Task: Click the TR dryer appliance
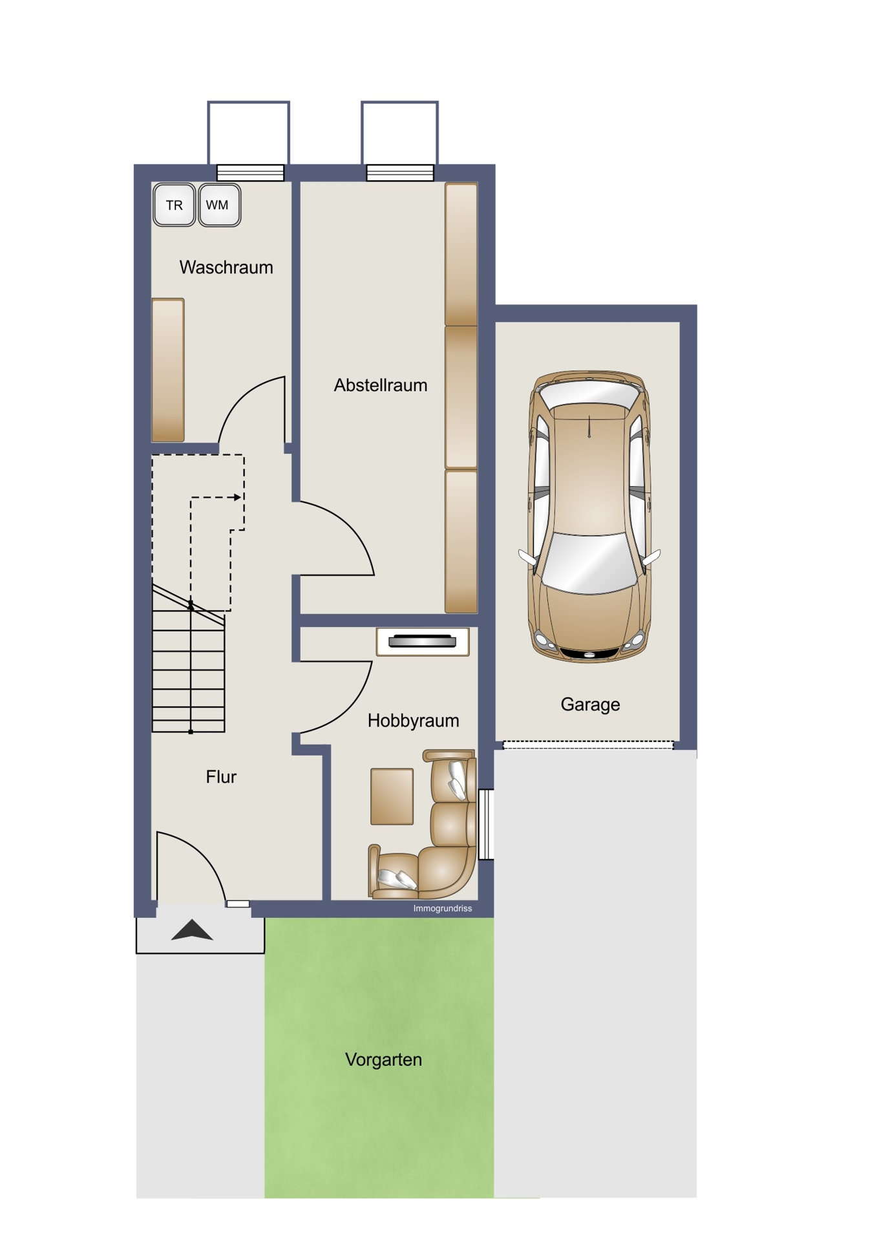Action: point(174,205)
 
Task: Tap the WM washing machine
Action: point(219,205)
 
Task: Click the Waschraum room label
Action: point(226,267)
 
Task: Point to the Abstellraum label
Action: point(381,385)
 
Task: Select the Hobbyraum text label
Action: point(414,721)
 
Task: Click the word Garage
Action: point(590,705)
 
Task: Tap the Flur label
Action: point(221,776)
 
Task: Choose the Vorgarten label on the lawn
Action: point(383,1059)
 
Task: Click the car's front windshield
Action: point(589,562)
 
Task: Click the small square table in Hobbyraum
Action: point(392,796)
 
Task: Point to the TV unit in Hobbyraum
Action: point(423,641)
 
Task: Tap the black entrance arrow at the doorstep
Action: point(192,930)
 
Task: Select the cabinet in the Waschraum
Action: point(168,370)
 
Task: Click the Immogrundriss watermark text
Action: point(443,909)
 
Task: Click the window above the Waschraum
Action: point(250,173)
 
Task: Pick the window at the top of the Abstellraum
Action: point(400,173)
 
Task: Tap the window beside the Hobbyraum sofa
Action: point(486,825)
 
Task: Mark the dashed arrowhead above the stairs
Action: point(238,497)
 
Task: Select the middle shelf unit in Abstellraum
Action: point(461,397)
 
